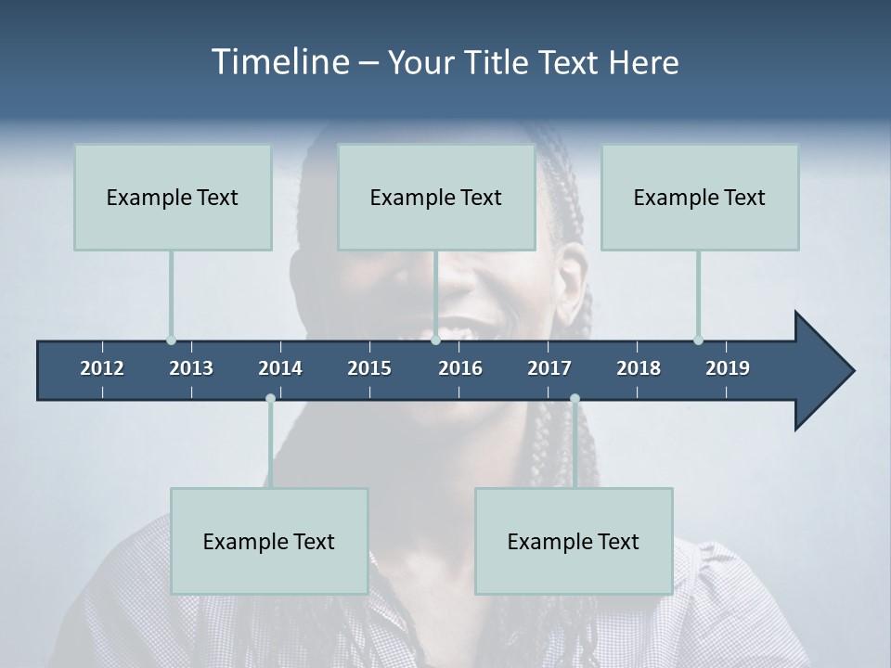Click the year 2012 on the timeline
click(102, 368)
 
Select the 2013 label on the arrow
click(191, 368)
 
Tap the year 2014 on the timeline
click(280, 368)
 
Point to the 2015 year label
click(369, 368)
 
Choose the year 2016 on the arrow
click(460, 368)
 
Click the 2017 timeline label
click(549, 368)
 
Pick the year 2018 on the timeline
click(639, 368)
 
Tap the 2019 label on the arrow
click(728, 368)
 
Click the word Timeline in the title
click(280, 62)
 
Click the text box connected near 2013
click(173, 197)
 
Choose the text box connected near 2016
click(436, 197)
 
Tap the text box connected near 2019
click(700, 197)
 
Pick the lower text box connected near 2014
click(269, 541)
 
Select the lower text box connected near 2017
click(574, 541)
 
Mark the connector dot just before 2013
click(171, 340)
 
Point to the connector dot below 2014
click(270, 399)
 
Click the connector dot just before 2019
click(698, 340)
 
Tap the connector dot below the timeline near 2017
click(575, 399)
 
